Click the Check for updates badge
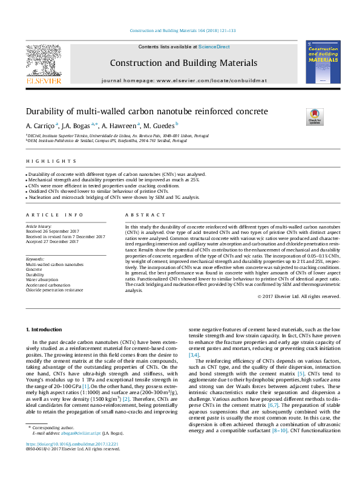(315, 115)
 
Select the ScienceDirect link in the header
(214, 47)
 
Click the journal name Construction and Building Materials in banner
(183, 63)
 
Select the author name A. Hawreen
(119, 125)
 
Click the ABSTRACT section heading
(141, 215)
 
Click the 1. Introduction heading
(46, 329)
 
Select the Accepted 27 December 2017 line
(52, 242)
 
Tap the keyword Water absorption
(44, 280)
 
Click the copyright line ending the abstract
(298, 296)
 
